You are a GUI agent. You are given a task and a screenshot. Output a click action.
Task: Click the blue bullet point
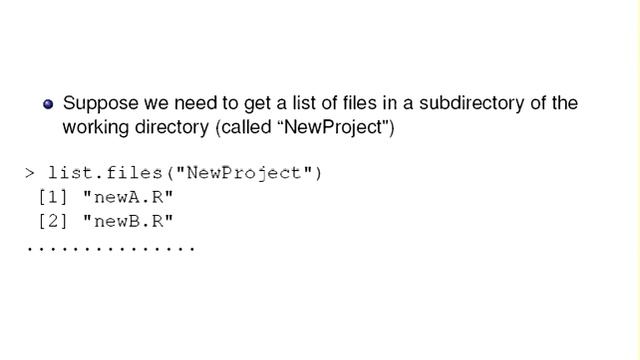(48, 104)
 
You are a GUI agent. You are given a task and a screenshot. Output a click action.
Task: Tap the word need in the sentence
(176, 103)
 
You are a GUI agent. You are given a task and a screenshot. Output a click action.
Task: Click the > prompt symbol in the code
(30, 173)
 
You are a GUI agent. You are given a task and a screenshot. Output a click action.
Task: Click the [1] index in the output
(51, 197)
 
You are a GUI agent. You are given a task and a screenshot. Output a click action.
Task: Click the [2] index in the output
(51, 220)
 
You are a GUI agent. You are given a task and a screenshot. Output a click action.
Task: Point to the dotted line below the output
(110, 247)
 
